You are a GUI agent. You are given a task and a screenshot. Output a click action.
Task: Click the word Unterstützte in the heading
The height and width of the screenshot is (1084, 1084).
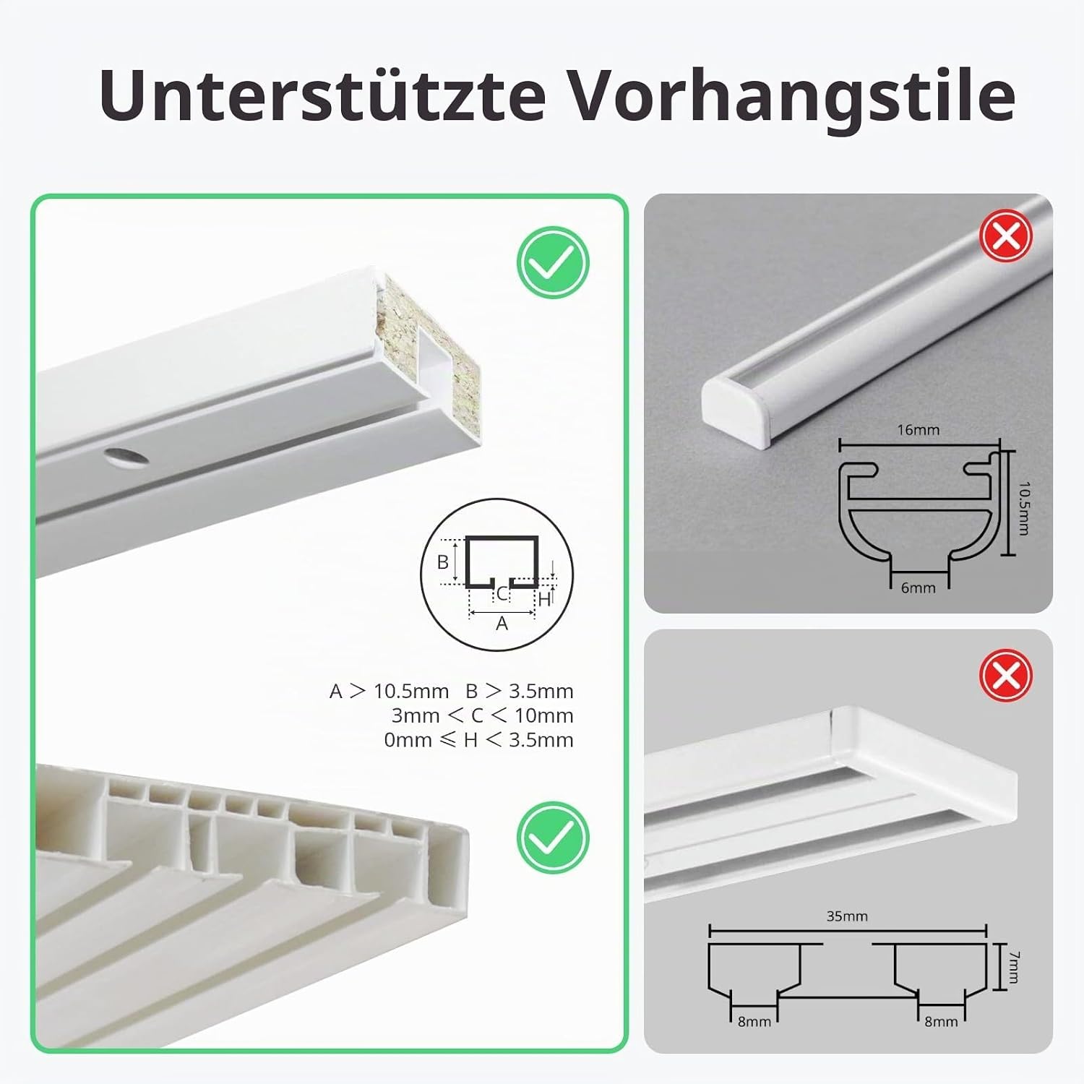point(322,95)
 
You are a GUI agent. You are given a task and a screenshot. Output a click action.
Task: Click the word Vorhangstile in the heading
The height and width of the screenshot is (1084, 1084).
point(792,95)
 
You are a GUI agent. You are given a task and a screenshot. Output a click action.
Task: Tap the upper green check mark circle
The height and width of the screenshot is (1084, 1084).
point(554,263)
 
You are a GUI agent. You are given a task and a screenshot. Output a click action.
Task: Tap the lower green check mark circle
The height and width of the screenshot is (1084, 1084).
point(554,838)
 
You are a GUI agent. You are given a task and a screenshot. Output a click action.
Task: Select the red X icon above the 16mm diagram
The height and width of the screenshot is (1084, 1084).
point(1006,236)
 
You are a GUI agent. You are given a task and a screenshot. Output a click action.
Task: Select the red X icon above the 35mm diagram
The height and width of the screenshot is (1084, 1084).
point(1006,676)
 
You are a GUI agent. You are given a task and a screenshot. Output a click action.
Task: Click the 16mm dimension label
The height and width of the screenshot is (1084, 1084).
point(918,430)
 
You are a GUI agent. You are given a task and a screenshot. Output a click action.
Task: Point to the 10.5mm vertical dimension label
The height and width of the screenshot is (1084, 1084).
point(1023,509)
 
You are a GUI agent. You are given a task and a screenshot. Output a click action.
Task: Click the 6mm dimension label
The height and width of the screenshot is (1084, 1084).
point(918,588)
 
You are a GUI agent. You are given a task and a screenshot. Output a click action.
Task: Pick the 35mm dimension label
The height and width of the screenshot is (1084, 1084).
point(847,916)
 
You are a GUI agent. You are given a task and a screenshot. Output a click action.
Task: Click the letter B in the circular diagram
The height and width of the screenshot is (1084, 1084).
point(443,562)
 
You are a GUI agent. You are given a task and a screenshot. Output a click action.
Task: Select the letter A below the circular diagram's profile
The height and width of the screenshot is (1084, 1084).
point(502,623)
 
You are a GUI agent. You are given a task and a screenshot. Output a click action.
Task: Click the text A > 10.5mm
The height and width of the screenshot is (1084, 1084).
point(390,692)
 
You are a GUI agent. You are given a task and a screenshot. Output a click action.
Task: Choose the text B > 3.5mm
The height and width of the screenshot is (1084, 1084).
point(520,692)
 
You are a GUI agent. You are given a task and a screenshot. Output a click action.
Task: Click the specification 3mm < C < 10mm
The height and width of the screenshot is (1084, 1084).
point(483,716)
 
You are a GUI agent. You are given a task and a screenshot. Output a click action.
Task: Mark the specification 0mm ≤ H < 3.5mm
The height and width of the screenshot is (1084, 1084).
point(479,741)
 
